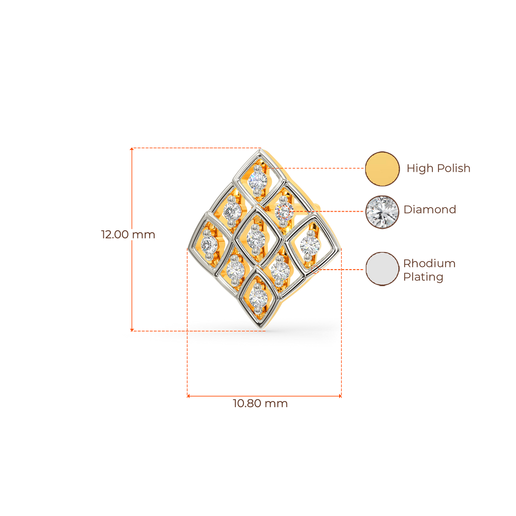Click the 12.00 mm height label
pos(128,235)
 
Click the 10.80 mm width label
pos(261,404)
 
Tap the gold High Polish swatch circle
pos(382,168)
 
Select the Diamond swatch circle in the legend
pos(382,212)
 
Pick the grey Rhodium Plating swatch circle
pos(382,269)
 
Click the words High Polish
pos(438,168)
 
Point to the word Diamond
pos(430,210)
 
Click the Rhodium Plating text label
pos(429,270)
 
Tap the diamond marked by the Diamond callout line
pos(284,211)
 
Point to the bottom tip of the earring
pos(261,329)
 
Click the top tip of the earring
pos(261,150)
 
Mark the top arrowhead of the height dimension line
pos(132,149)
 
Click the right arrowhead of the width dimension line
pos(340,396)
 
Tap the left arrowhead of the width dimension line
pos(188,396)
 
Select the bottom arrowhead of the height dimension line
pos(132,330)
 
